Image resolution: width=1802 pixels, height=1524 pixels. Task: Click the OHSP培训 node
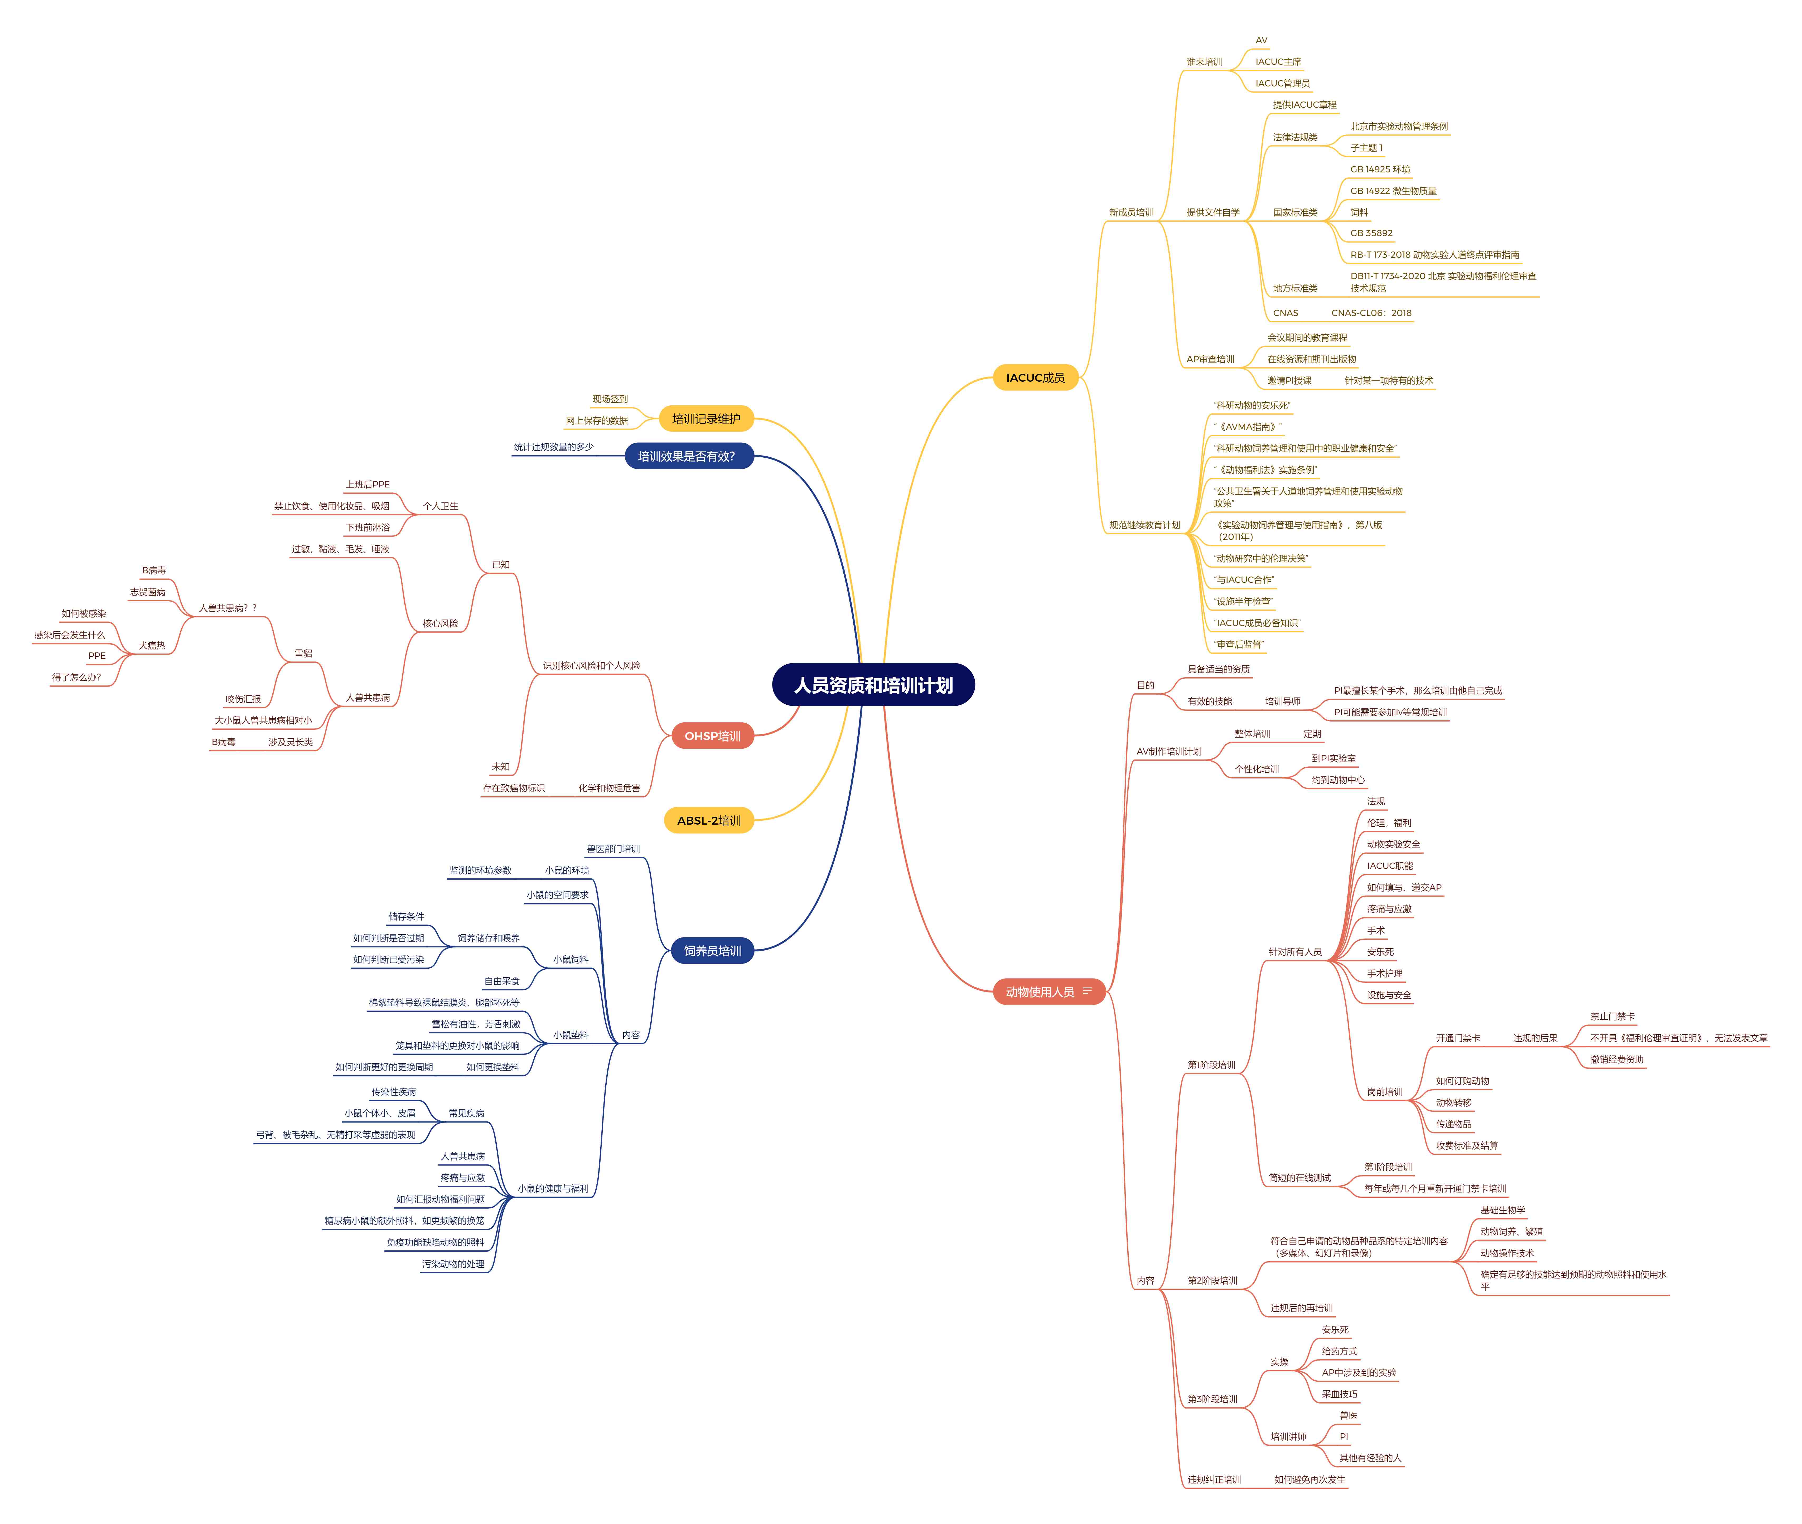point(713,736)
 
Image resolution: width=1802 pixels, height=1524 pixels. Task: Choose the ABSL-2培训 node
point(708,821)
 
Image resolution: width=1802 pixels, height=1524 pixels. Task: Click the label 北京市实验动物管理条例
point(1399,126)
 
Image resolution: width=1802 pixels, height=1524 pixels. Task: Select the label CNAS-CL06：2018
point(1371,313)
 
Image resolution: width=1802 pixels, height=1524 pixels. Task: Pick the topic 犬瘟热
point(152,645)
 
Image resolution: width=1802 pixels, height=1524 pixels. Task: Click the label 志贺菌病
point(148,592)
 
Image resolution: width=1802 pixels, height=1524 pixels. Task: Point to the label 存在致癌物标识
point(514,788)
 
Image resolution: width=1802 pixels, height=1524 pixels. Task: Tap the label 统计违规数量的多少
point(554,447)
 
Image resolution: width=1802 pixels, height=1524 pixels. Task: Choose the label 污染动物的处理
point(453,1264)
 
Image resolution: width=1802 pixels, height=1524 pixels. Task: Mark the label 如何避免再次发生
point(1310,1480)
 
